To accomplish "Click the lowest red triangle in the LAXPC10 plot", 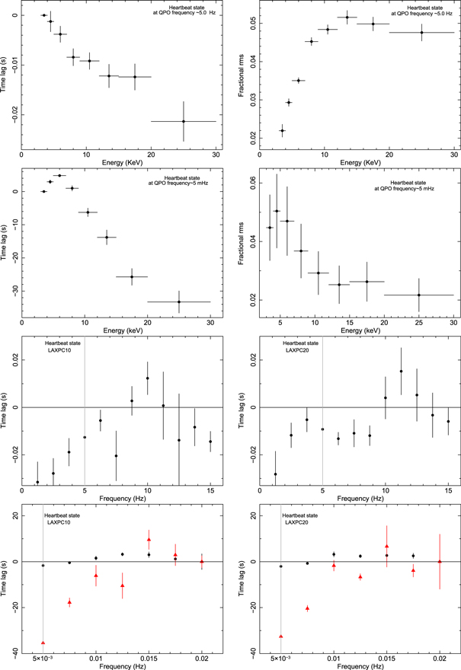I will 43,643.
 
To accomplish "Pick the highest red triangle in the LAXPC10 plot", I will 149,539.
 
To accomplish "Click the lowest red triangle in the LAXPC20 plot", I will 281,636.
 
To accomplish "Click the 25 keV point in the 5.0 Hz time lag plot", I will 184,121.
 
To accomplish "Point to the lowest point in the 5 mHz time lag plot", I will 179,302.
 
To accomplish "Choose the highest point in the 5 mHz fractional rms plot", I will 277,211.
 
